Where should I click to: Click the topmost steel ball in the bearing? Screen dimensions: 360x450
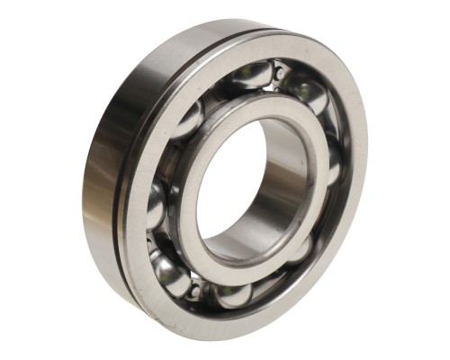[x=245, y=76]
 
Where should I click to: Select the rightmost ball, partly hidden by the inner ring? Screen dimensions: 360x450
[x=335, y=162]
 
